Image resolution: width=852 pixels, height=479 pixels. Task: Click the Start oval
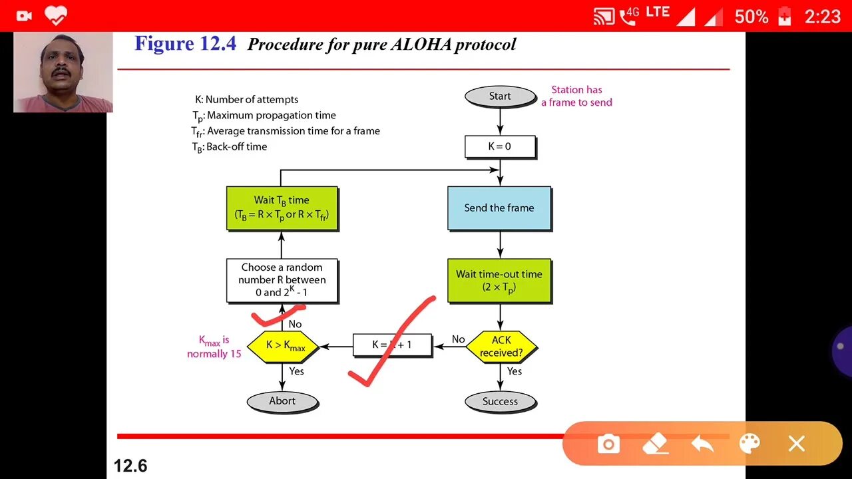point(500,96)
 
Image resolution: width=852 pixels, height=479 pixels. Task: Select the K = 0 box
point(500,146)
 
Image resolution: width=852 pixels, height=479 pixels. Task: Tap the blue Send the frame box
point(499,208)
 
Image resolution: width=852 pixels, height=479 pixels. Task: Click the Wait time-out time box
point(499,280)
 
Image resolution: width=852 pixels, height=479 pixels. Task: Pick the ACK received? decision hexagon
point(501,347)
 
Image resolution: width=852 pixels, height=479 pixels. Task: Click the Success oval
point(500,401)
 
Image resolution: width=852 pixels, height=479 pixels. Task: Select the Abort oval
point(282,401)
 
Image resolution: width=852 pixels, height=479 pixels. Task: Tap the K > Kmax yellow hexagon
point(283,346)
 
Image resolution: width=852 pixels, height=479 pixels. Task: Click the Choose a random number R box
point(282,280)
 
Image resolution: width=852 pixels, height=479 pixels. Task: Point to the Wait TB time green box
point(282,208)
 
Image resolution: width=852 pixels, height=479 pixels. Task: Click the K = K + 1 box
point(392,345)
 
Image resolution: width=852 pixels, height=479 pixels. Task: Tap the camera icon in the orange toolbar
point(608,444)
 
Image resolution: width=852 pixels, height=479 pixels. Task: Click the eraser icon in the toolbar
point(656,444)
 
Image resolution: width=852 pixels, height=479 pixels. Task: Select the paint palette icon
point(749,444)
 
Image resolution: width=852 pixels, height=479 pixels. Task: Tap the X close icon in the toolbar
point(797,444)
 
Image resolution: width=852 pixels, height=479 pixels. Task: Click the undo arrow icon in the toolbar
point(702,444)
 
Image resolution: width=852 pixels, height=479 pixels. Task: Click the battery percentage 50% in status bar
point(751,16)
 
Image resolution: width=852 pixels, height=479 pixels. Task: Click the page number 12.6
point(130,466)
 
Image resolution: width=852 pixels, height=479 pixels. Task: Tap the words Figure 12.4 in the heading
point(185,44)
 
